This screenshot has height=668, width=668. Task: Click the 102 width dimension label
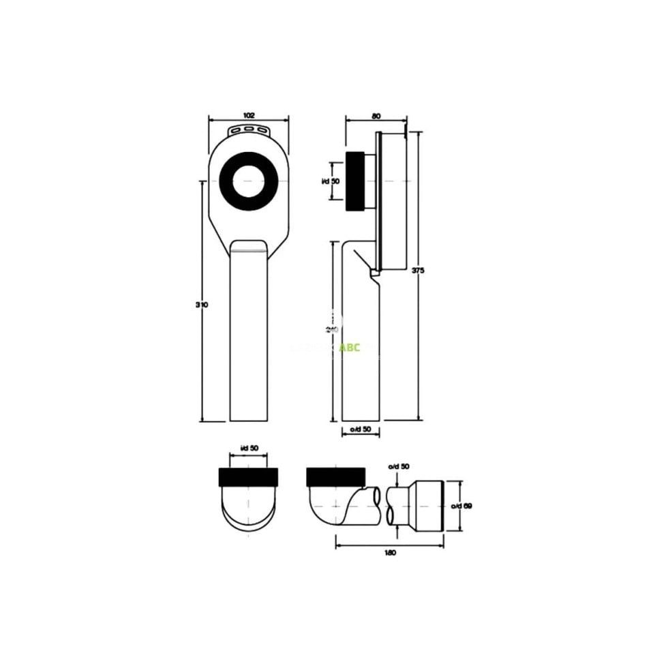click(x=248, y=115)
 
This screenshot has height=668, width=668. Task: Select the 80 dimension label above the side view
click(x=376, y=115)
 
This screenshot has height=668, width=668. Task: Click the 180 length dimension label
click(x=390, y=553)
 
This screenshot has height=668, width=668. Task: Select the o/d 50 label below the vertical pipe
click(x=360, y=429)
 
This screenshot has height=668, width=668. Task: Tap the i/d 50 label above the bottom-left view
click(x=249, y=448)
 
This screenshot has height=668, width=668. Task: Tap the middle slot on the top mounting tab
click(x=249, y=129)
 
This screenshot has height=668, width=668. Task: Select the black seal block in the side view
click(x=356, y=181)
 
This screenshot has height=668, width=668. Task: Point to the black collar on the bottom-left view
click(x=248, y=476)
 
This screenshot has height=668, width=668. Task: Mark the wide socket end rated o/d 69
click(x=427, y=505)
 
